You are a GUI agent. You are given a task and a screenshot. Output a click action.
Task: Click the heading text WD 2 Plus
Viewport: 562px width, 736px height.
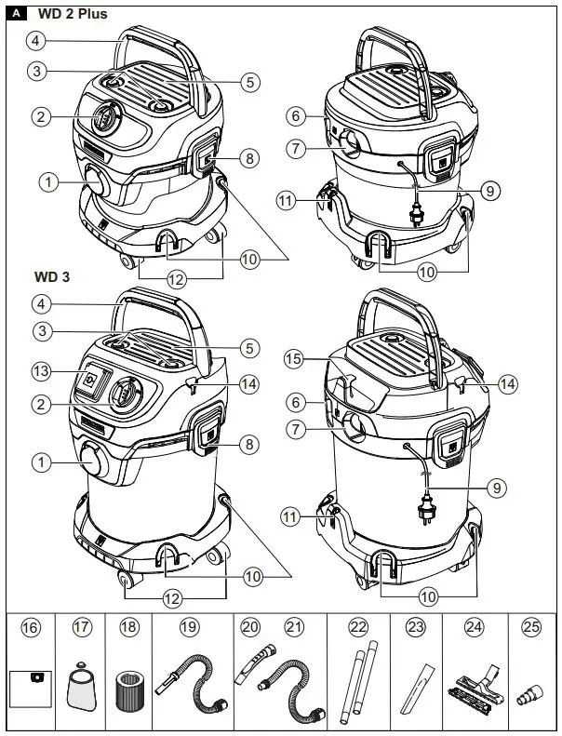(72, 14)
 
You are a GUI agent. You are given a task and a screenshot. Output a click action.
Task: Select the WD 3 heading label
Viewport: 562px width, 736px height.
(51, 277)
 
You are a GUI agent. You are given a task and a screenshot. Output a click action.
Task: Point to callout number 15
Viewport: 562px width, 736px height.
(295, 359)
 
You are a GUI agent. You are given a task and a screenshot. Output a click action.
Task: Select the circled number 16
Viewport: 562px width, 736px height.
(31, 628)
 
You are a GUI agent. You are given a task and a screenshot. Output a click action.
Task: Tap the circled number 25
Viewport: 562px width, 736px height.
(531, 628)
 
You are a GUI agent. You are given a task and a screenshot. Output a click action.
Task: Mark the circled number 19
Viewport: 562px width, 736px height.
(190, 628)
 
